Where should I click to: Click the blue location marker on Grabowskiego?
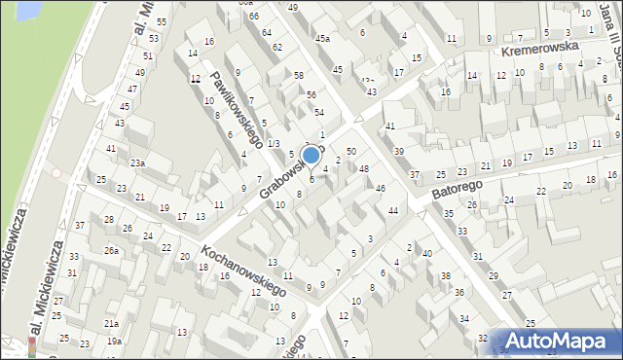(311, 155)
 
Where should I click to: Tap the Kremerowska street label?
(540, 49)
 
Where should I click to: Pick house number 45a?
(322, 39)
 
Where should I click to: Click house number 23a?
(138, 163)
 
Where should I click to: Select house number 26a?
(112, 251)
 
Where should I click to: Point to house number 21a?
(112, 323)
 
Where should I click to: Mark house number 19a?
(114, 341)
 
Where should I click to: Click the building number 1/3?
(274, 143)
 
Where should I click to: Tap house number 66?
(253, 17)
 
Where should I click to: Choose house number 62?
(277, 47)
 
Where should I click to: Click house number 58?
(299, 75)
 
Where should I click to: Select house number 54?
(318, 113)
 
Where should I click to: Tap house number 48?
(364, 169)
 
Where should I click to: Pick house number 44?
(393, 210)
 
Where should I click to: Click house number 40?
(427, 253)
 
